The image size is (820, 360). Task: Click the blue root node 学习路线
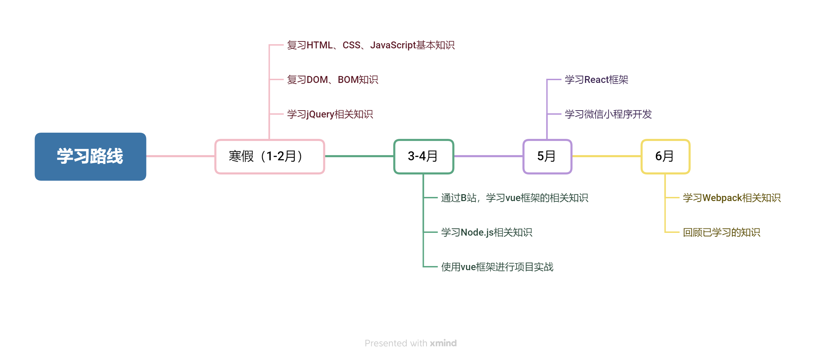[x=90, y=156]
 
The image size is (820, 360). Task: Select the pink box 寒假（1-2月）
[x=269, y=157]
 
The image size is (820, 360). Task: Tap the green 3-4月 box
[x=423, y=157]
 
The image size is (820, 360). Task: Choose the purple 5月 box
[x=547, y=157]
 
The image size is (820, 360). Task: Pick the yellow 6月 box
[x=665, y=157]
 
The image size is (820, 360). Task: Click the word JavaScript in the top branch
[x=393, y=45]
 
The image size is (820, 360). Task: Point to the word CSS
[x=351, y=45]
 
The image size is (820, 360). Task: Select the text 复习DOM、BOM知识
[x=332, y=80]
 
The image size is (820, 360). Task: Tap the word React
[x=596, y=80]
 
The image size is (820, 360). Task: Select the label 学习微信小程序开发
[x=608, y=114]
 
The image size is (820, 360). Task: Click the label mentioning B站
[x=514, y=198]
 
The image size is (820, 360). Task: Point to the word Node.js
[x=477, y=233]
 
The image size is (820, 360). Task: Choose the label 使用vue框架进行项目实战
[x=497, y=267]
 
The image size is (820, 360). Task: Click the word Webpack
[x=722, y=198]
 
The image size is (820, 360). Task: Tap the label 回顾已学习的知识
[x=721, y=233]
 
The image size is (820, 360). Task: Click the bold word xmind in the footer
[x=443, y=343]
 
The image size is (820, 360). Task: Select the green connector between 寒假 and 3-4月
[x=359, y=156]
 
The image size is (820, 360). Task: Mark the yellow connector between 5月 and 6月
[x=607, y=156]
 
